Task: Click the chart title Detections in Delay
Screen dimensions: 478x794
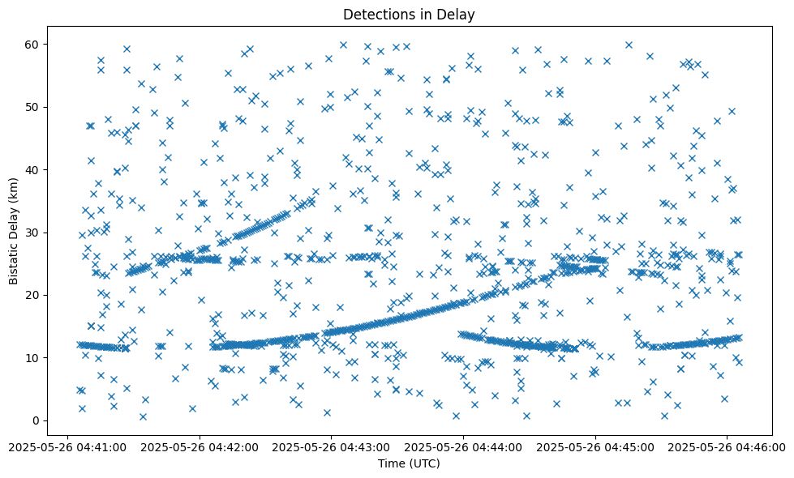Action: click(x=408, y=14)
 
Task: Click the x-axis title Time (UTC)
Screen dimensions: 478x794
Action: click(x=408, y=463)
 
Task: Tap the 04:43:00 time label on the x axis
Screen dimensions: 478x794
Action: click(x=331, y=446)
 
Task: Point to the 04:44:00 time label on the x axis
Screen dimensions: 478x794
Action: click(x=463, y=446)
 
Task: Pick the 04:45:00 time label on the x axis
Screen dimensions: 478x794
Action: click(x=595, y=446)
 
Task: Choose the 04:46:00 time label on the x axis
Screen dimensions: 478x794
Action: click(x=727, y=446)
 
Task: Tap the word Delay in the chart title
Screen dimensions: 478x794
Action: click(x=457, y=14)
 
